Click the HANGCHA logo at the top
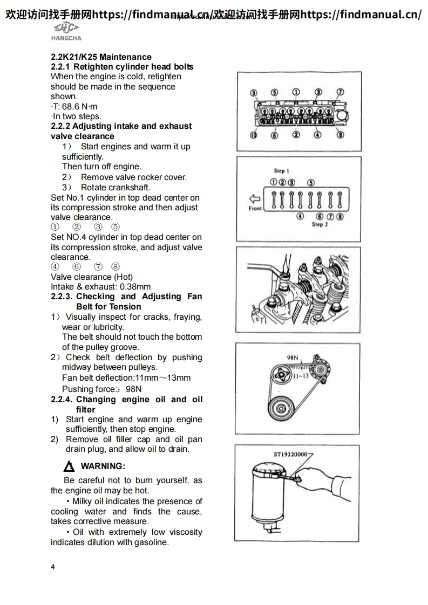click(x=66, y=31)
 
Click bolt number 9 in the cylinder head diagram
click(x=253, y=92)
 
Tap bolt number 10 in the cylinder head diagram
click(x=253, y=135)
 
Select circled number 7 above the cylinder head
click(x=340, y=92)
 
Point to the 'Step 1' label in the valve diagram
click(x=282, y=171)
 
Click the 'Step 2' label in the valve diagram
click(x=320, y=224)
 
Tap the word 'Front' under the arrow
click(x=255, y=208)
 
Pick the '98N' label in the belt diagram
click(x=293, y=357)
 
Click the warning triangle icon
click(x=69, y=466)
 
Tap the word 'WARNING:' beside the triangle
click(x=103, y=466)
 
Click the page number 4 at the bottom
click(x=53, y=567)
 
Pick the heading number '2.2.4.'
click(x=62, y=400)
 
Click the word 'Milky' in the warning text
click(x=84, y=501)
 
